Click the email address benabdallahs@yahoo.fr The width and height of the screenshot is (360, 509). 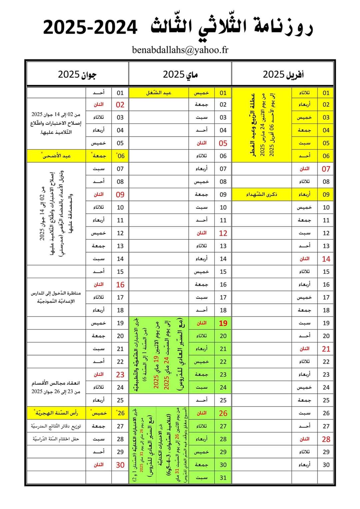[x=180, y=50]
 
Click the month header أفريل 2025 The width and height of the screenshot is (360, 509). [x=283, y=74]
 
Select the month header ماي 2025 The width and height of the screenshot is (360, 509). [x=180, y=74]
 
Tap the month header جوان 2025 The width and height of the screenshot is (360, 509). [x=77, y=74]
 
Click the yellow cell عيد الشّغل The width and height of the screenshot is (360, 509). [x=159, y=93]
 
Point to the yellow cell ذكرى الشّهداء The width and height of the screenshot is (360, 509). [x=262, y=194]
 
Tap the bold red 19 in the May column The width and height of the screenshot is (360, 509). [x=223, y=323]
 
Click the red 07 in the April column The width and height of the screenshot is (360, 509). [x=326, y=169]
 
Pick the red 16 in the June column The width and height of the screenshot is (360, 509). [x=120, y=284]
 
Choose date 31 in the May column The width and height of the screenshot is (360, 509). [x=223, y=478]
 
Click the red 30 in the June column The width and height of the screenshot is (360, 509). [x=120, y=465]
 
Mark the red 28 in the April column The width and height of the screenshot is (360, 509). [x=326, y=439]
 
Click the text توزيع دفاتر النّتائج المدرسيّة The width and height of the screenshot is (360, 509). [x=56, y=426]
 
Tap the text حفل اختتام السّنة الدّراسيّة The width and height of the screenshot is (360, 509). [x=56, y=439]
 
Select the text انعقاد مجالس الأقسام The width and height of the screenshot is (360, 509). [x=56, y=383]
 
